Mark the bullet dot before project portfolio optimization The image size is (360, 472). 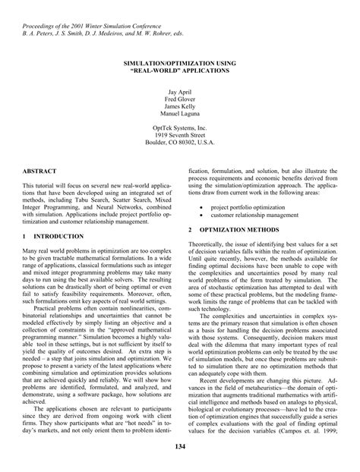click(x=201, y=206)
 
